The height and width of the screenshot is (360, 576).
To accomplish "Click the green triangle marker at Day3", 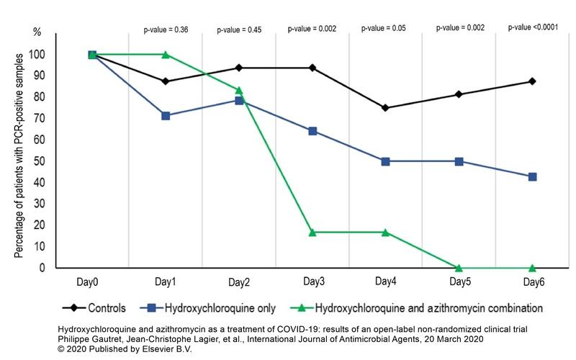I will click(312, 232).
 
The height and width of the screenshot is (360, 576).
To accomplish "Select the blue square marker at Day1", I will click(166, 115).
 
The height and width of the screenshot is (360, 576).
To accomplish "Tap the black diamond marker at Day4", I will click(385, 108).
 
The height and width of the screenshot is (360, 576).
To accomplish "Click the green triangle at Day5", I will click(459, 267).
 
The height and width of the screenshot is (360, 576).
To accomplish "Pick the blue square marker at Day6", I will click(532, 176).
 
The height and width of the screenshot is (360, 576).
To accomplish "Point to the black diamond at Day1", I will click(166, 81).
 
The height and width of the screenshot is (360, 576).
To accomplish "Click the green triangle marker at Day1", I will click(166, 54).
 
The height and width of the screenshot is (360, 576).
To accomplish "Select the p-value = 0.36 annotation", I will click(165, 30).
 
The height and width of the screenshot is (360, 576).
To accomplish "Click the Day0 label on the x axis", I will click(92, 282).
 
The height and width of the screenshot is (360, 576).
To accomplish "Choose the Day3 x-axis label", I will click(312, 282).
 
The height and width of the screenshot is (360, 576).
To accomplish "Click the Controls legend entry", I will click(105, 308).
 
